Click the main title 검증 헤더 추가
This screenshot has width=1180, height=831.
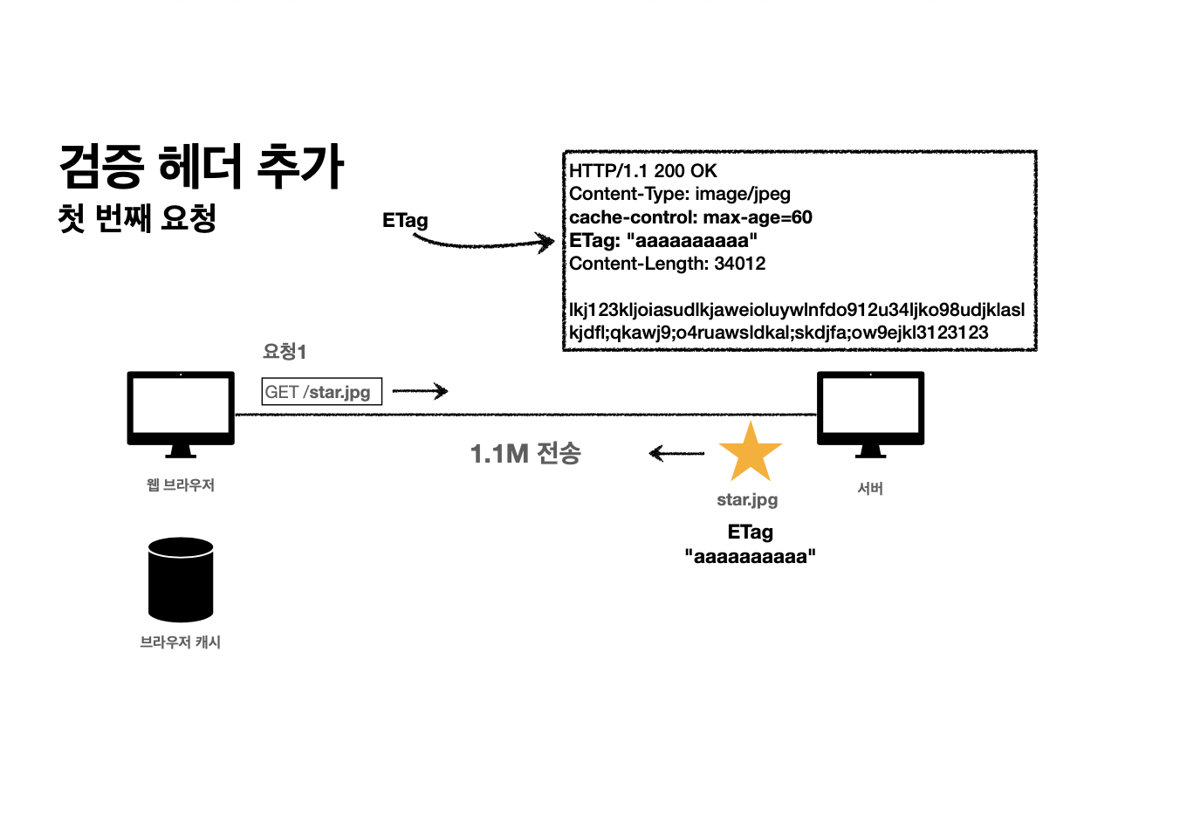(x=202, y=166)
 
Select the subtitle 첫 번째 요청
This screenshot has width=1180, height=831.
(x=137, y=217)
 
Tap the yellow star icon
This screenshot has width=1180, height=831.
(x=750, y=453)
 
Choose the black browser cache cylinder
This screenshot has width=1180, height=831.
(x=181, y=580)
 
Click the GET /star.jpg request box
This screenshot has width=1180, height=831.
(x=321, y=392)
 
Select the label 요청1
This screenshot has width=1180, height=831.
(x=285, y=352)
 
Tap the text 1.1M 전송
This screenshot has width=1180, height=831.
(x=525, y=453)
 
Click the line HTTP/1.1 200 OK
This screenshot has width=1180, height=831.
(x=643, y=171)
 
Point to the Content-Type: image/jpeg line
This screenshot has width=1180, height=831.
(x=680, y=194)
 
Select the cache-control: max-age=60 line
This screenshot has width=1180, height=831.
(x=690, y=217)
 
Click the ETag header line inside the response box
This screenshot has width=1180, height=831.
(x=663, y=240)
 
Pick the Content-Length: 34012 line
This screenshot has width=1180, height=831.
(x=668, y=264)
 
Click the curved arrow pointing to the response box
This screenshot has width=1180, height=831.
(x=485, y=244)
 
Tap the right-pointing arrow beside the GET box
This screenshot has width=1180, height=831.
(x=420, y=391)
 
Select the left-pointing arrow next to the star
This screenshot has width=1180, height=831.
(x=676, y=453)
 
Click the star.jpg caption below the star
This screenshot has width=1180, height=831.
(x=747, y=499)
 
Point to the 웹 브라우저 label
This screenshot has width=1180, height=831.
(x=181, y=484)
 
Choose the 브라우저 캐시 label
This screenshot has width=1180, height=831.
(x=181, y=642)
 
